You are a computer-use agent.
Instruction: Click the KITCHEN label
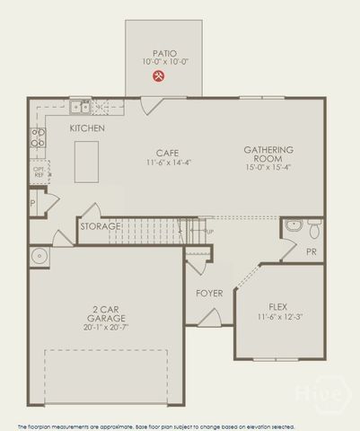pyautogui.click(x=87, y=129)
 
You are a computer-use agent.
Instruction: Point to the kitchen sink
pyautogui.click(x=82, y=108)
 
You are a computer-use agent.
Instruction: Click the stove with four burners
pyautogui.click(x=39, y=137)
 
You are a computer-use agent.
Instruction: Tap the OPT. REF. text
pyautogui.click(x=39, y=172)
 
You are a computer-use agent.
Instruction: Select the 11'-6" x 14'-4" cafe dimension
pyautogui.click(x=169, y=163)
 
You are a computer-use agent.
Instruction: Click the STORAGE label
pyautogui.click(x=100, y=226)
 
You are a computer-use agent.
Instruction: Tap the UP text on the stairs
pyautogui.click(x=210, y=232)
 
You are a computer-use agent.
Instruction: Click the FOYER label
pyautogui.click(x=209, y=294)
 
